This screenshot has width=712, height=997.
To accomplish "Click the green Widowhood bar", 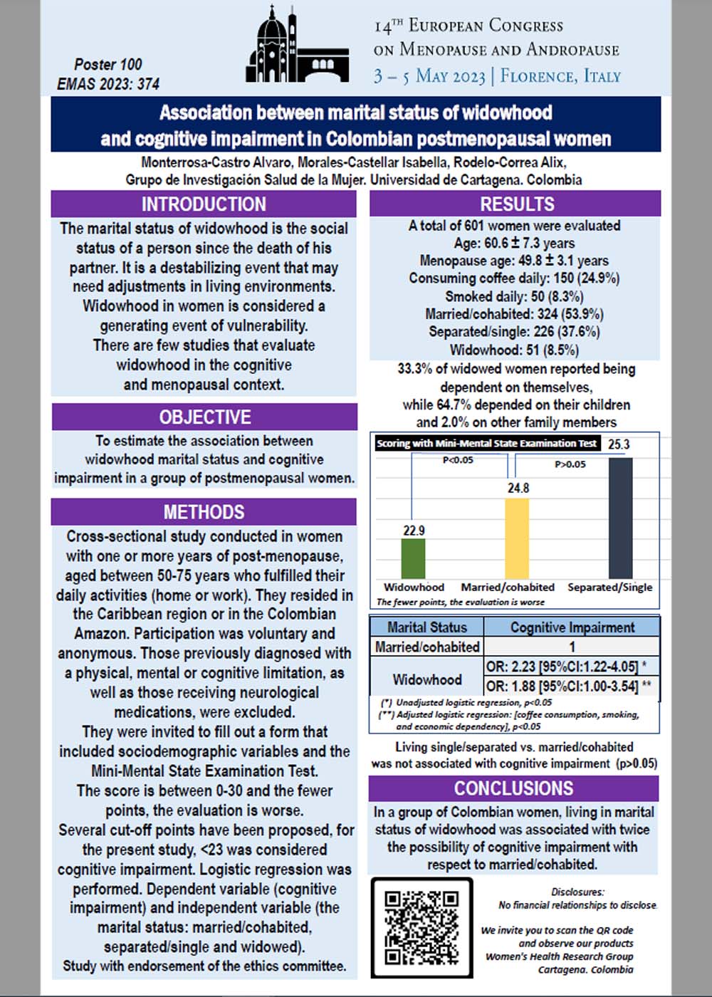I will pyautogui.click(x=413, y=558).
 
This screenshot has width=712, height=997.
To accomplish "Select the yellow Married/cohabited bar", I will pyautogui.click(x=517, y=538).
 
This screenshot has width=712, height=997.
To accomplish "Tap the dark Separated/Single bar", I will pyautogui.click(x=620, y=518).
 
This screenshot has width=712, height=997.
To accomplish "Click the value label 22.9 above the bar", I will pyautogui.click(x=414, y=531).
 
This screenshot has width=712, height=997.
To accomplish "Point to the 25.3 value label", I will pyautogui.click(x=619, y=444).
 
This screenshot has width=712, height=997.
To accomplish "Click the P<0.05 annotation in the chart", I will pyautogui.click(x=458, y=461).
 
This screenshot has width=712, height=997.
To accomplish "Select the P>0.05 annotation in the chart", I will pyautogui.click(x=570, y=464).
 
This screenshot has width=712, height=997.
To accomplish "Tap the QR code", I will pyautogui.click(x=421, y=926).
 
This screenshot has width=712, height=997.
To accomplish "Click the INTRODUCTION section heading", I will pyautogui.click(x=204, y=204).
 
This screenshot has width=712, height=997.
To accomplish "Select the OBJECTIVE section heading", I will pyautogui.click(x=204, y=417).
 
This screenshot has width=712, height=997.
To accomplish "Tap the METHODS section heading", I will pyautogui.click(x=204, y=512).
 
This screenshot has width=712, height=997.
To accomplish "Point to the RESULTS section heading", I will pyautogui.click(x=517, y=204).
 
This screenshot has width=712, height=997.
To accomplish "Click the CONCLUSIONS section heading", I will pyautogui.click(x=513, y=788).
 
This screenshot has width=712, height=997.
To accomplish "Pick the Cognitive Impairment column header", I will pyautogui.click(x=572, y=627).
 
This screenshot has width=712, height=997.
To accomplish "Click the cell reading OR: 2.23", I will pyautogui.click(x=562, y=667).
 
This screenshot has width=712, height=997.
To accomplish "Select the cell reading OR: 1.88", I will pyautogui.click(x=562, y=687).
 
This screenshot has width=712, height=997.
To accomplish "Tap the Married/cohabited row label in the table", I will pyautogui.click(x=427, y=647).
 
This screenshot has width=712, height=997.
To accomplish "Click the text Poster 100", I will pyautogui.click(x=108, y=64).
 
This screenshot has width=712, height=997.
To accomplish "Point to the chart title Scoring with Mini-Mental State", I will pyautogui.click(x=487, y=444).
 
